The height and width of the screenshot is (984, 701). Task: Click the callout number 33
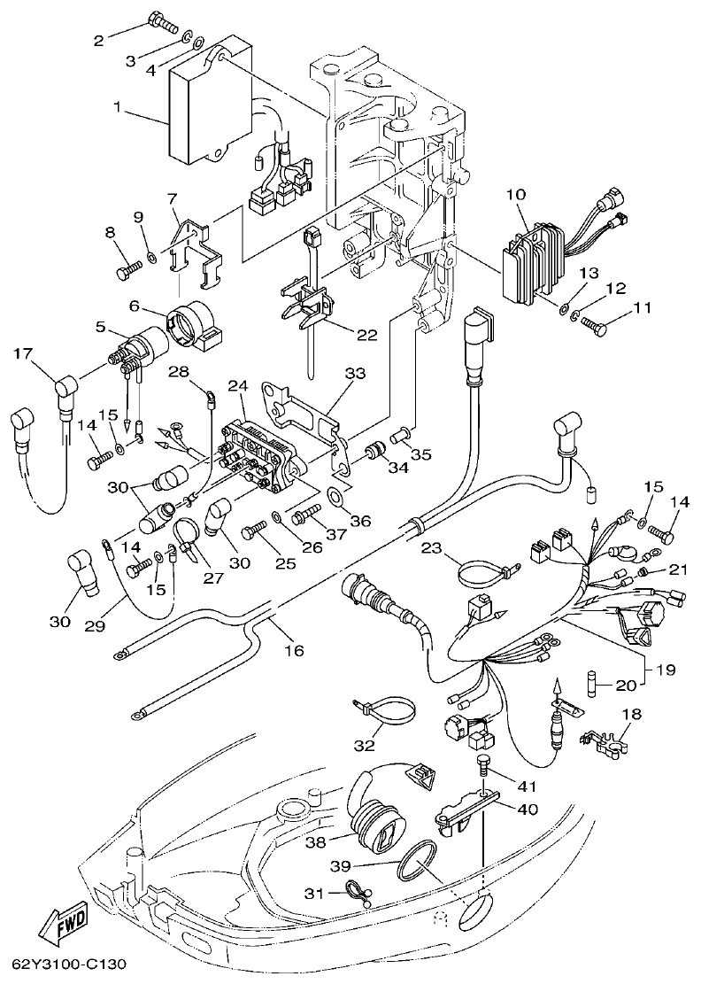pos(354,374)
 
